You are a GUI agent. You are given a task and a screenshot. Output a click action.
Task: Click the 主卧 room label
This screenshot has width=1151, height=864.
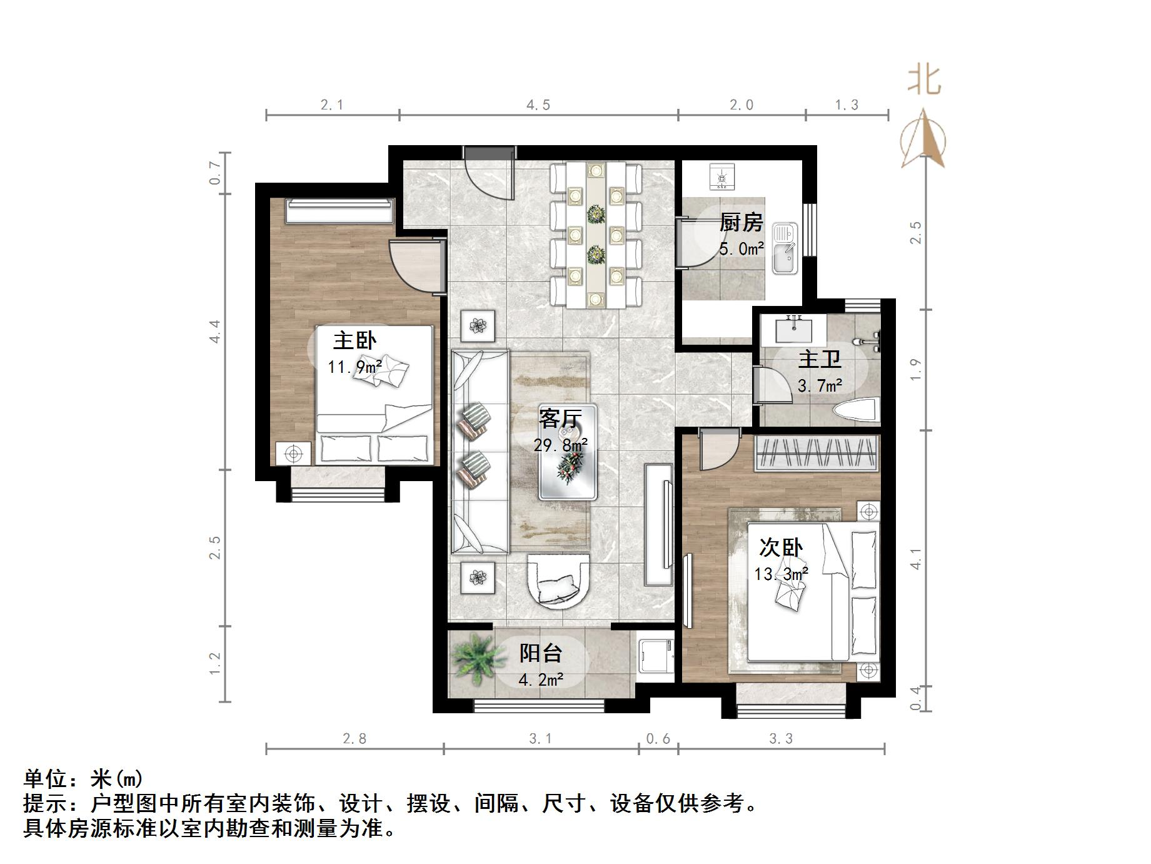354,341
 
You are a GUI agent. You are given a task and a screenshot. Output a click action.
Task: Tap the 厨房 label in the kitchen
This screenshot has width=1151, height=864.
741,222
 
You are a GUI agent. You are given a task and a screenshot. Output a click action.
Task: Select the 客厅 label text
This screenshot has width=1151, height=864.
560,419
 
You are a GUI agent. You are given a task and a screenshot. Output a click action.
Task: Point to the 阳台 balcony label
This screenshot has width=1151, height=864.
541,653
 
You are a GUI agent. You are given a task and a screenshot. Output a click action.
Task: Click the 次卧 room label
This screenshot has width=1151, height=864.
781,547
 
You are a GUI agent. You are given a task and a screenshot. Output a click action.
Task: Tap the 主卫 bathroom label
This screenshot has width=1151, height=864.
819,360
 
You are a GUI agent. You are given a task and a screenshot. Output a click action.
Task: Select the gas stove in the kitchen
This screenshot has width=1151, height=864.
723,176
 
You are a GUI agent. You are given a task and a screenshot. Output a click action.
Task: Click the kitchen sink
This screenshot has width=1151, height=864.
785,248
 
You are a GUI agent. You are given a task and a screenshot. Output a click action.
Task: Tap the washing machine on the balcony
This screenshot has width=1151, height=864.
655,657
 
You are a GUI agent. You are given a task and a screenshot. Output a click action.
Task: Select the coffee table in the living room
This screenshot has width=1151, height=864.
568,452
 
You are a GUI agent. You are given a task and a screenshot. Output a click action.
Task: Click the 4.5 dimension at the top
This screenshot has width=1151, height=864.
538,105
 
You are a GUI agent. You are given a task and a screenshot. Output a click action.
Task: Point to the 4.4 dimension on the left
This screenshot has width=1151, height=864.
215,331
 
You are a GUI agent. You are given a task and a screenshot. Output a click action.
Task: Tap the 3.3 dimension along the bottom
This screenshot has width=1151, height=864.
781,739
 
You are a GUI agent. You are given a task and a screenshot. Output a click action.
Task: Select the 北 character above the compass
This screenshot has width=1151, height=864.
924,80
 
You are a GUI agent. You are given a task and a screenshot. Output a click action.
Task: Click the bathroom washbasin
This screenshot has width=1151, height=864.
794,329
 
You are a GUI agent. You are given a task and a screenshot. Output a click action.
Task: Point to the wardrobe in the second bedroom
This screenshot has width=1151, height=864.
817,453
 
